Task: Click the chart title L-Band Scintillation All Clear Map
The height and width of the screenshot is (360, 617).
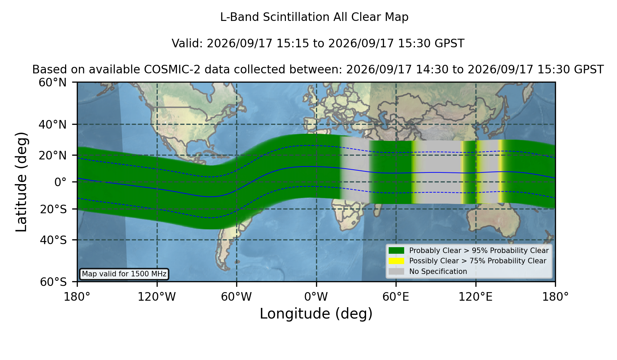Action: click(x=314, y=17)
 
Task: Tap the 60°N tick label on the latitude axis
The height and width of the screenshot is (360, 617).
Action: click(x=52, y=82)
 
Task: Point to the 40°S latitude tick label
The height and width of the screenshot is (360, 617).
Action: click(x=53, y=240)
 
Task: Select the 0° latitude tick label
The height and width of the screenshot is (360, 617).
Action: click(x=60, y=182)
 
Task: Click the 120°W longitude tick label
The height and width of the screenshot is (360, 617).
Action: click(x=157, y=297)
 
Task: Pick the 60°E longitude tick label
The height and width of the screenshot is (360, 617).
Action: click(x=396, y=297)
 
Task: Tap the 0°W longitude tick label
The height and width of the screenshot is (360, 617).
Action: click(x=316, y=297)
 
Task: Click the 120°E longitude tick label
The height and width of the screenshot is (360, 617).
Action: click(x=475, y=297)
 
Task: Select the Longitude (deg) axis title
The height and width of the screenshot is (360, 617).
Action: click(x=316, y=314)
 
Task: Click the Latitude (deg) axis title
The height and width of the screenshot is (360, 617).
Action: click(x=22, y=182)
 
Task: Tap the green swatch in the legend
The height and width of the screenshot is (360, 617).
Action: click(x=397, y=250)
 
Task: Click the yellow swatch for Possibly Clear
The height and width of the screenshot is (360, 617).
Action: click(x=397, y=261)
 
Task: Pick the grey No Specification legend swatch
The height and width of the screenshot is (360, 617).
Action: click(x=397, y=271)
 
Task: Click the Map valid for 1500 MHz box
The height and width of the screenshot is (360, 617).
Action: click(x=124, y=274)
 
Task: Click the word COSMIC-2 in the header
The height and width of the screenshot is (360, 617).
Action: click(x=165, y=70)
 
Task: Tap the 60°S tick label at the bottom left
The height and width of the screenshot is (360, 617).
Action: click(x=53, y=282)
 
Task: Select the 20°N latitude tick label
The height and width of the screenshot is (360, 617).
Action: click(x=52, y=155)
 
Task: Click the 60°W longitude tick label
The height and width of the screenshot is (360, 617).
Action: click(x=237, y=297)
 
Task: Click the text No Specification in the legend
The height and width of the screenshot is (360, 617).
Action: click(x=438, y=272)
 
